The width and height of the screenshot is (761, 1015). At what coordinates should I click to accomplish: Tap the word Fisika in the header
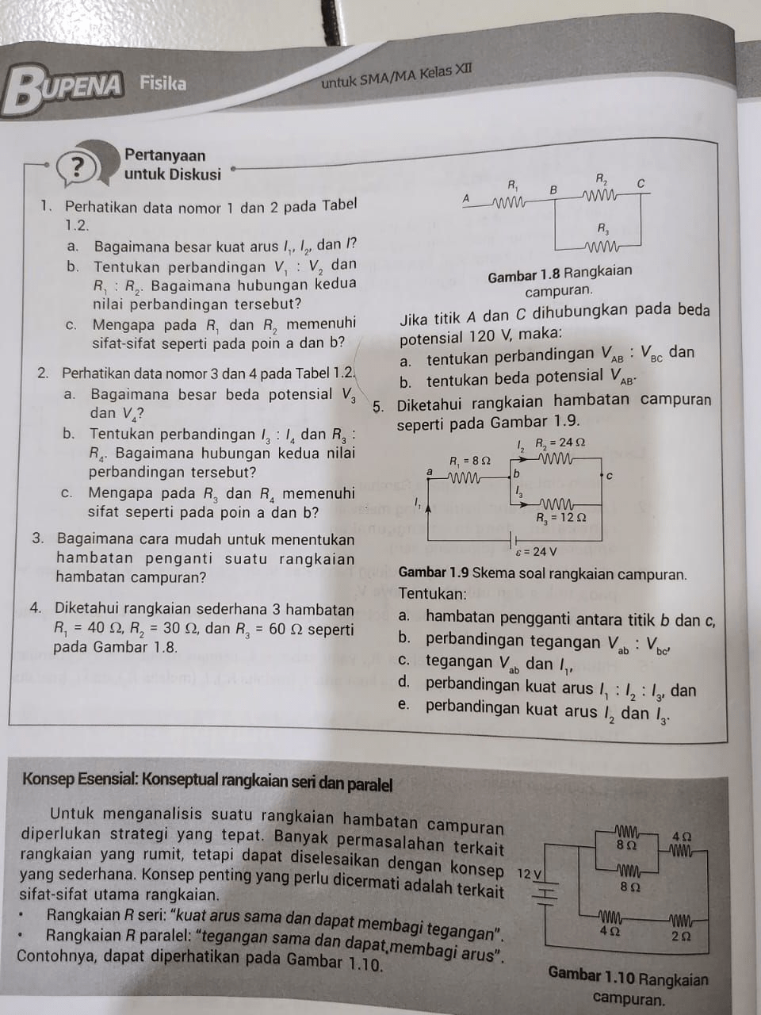click(x=163, y=82)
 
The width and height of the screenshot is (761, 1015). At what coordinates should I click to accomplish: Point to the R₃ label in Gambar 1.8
click(x=603, y=228)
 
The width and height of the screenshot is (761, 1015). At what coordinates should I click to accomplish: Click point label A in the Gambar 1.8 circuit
click(x=466, y=197)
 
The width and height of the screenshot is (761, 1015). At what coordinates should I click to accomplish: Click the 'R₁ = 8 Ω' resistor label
click(x=470, y=460)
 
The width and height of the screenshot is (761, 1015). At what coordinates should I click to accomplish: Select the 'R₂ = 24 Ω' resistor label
click(x=560, y=442)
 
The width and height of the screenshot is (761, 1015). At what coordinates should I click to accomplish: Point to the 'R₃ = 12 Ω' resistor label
click(x=561, y=518)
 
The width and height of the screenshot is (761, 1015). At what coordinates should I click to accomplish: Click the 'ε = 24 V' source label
click(x=536, y=552)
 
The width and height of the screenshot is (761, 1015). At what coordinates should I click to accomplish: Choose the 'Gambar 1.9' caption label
click(x=434, y=573)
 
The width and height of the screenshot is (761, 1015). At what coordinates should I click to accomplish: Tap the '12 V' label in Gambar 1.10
click(x=529, y=873)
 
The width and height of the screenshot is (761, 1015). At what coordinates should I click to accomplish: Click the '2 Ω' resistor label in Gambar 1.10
click(x=680, y=936)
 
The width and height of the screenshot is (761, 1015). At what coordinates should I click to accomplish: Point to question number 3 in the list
click(x=38, y=538)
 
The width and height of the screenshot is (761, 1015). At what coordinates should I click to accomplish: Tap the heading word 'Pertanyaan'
click(x=165, y=155)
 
